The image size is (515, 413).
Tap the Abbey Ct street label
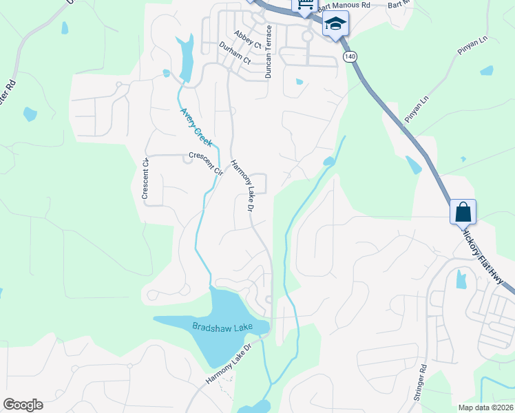click(x=248, y=39)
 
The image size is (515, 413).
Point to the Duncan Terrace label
click(x=269, y=52)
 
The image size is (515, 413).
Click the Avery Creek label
click(x=196, y=123)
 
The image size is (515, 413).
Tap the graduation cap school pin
click(x=335, y=24)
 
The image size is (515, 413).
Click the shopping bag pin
click(x=463, y=212)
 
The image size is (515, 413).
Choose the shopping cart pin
click(x=304, y=6)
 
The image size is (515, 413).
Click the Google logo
click(x=23, y=405)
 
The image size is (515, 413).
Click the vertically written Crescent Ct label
click(x=145, y=179)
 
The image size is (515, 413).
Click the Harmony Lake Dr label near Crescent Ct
click(x=243, y=185)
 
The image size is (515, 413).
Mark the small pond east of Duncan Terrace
click(x=299, y=82)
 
